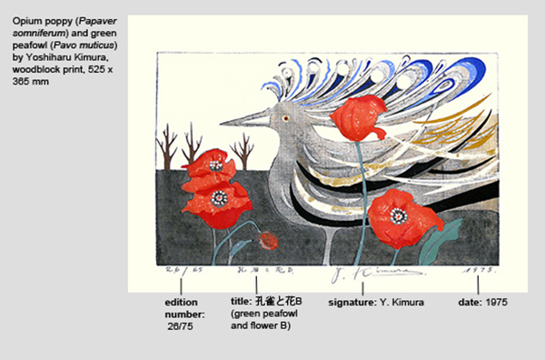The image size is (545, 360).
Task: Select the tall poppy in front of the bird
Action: [x=359, y=119]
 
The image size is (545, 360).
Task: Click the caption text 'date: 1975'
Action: [x=481, y=301]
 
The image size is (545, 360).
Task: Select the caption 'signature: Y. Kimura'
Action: [x=374, y=301]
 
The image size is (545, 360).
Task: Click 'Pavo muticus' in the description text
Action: [x=93, y=45]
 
